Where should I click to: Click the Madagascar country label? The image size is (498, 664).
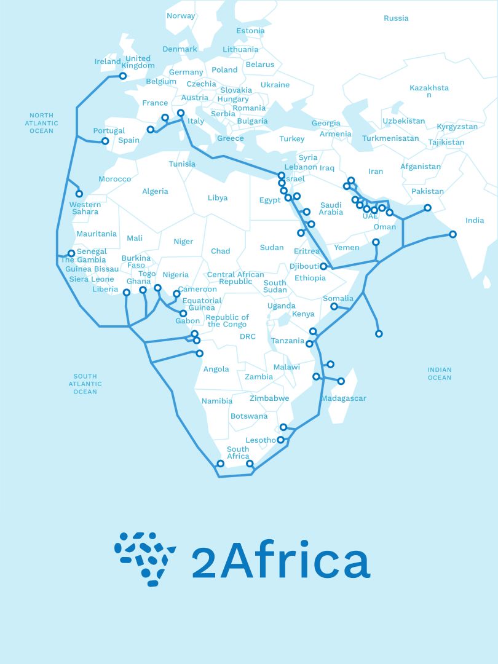point(343,398)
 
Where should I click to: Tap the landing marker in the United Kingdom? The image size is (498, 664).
point(122,76)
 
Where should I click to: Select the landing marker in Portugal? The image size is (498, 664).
point(105,141)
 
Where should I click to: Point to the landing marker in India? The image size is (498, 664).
point(453,234)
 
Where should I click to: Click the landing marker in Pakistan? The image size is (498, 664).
point(427,208)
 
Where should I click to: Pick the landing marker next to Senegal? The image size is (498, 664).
point(71,253)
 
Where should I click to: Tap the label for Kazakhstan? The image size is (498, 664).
point(429,91)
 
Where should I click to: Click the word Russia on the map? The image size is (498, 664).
point(396,18)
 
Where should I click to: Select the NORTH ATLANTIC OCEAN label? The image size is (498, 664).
point(41,123)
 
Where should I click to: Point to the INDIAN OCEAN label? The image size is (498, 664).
point(440,374)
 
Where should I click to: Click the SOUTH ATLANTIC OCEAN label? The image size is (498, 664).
point(85,384)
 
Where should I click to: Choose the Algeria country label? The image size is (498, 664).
point(155,191)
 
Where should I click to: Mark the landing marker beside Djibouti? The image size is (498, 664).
point(323,266)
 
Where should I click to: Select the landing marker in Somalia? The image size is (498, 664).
point(334,306)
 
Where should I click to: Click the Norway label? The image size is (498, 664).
point(181,16)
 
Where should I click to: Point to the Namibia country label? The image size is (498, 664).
point(217,401)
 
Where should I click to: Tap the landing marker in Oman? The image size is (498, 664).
point(376,242)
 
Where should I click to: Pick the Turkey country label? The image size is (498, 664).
point(292,139)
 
